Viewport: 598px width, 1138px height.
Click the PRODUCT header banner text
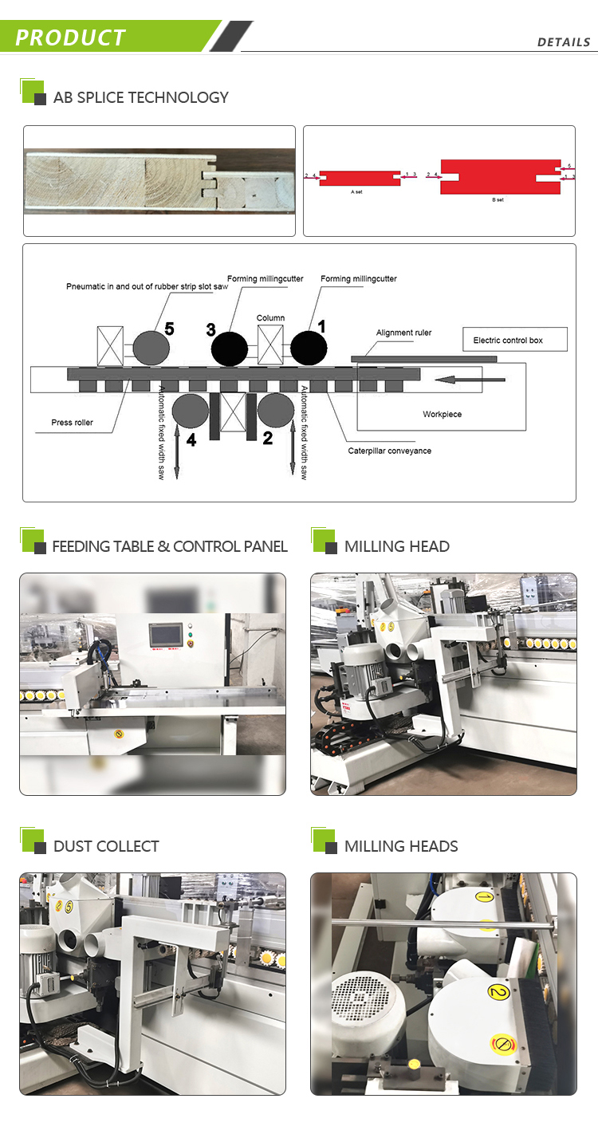[x=70, y=37]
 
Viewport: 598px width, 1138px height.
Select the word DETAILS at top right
[x=563, y=42]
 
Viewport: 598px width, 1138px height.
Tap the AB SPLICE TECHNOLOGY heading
[x=140, y=97]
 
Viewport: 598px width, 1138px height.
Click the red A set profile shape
[x=360, y=176]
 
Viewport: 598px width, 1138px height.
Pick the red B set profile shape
[x=499, y=176]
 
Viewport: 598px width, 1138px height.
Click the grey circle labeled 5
[x=151, y=348]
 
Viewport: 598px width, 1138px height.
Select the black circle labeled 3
[x=230, y=348]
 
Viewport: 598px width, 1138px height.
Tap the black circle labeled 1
[x=309, y=348]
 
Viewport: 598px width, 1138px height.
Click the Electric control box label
[x=508, y=341]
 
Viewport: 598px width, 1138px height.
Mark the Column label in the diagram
[x=270, y=318]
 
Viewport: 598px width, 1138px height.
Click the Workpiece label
[x=442, y=415]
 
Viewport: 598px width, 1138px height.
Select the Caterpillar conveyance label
[x=389, y=451]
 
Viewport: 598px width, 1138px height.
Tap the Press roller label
[x=72, y=423]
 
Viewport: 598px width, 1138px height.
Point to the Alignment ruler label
[x=403, y=333]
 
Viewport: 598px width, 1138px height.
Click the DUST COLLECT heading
[x=106, y=846]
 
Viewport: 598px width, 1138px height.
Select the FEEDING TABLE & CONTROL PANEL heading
[x=169, y=546]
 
